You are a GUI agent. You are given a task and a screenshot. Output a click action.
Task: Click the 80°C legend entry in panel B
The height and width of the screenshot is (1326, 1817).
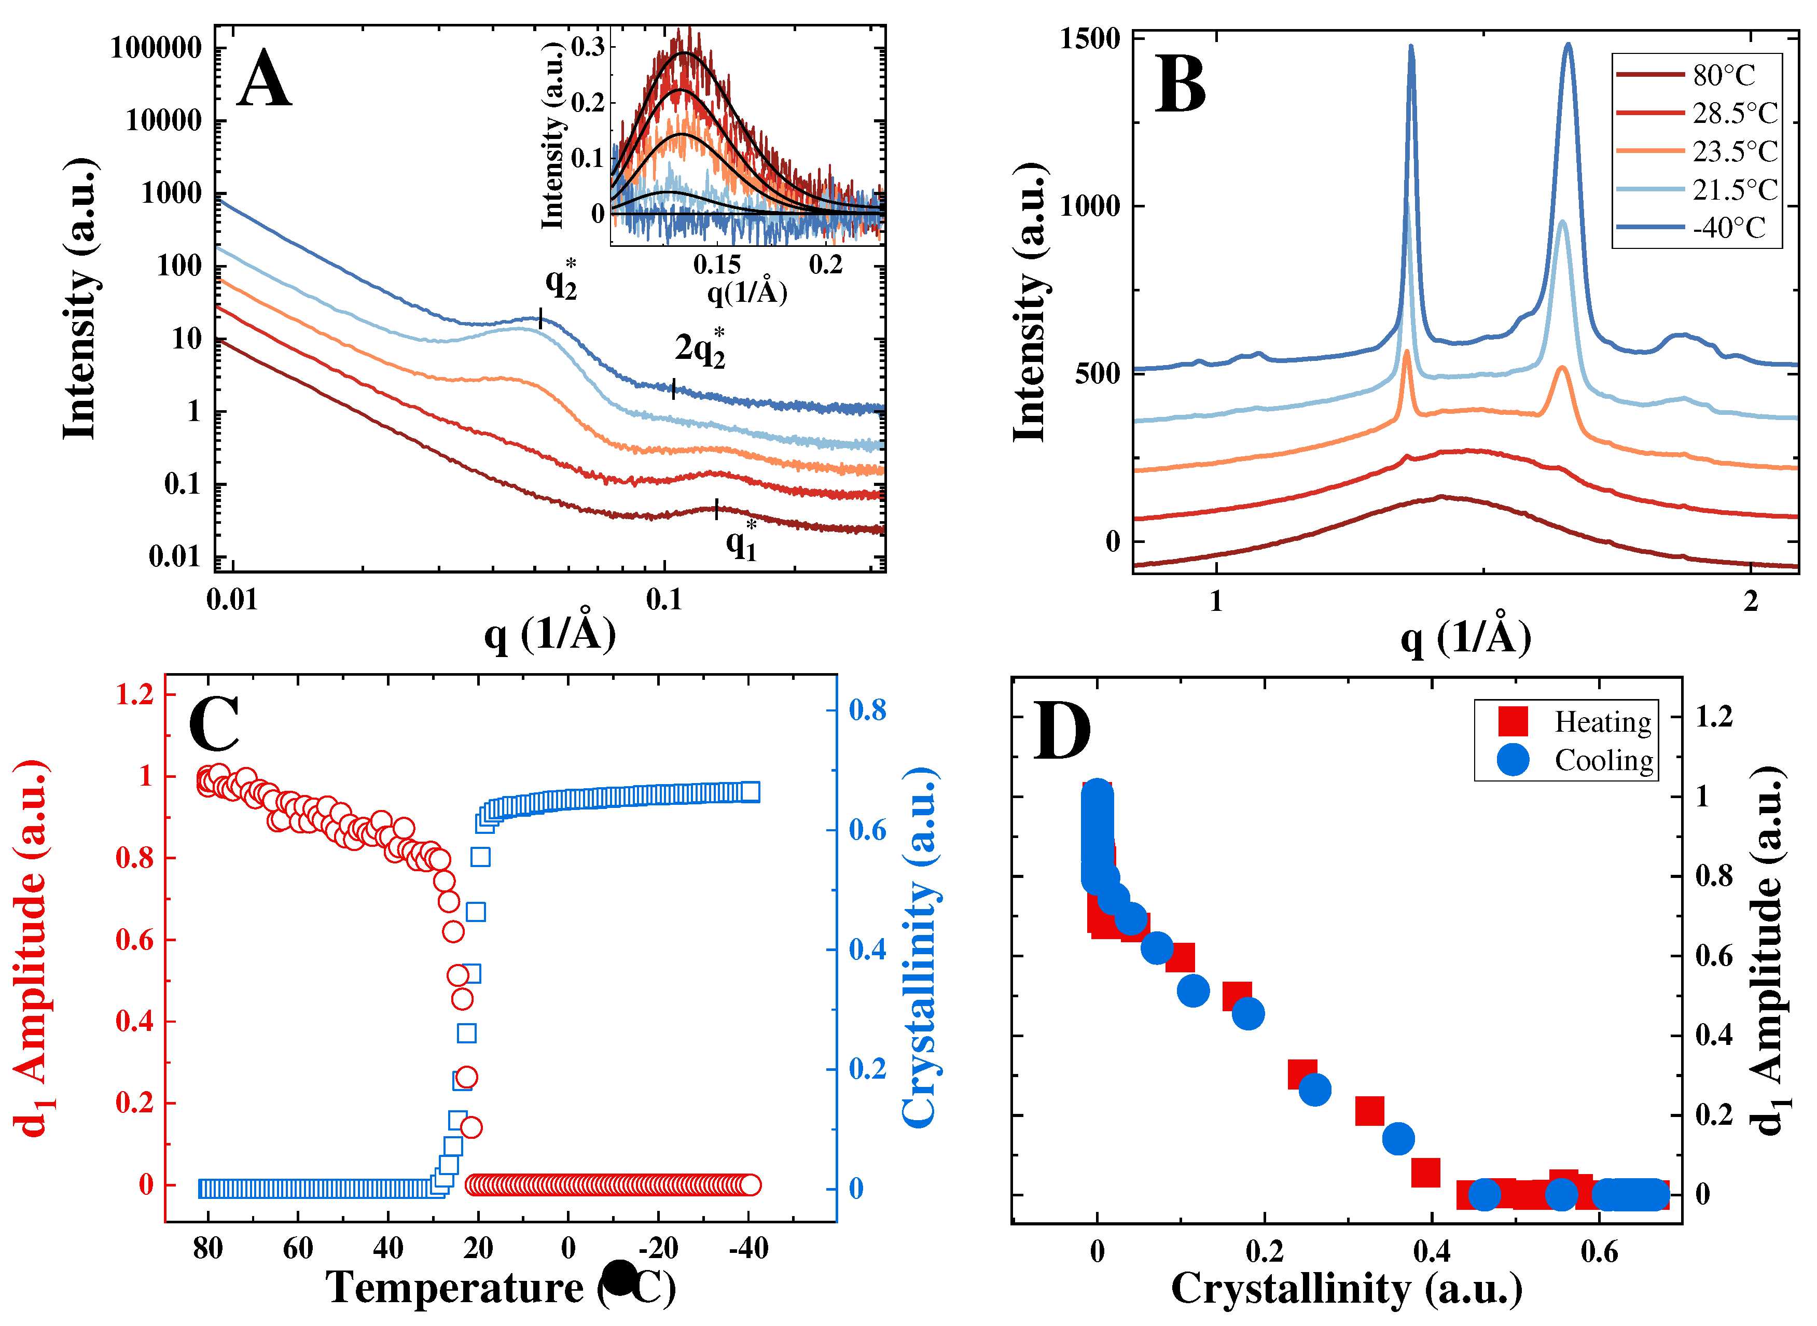(x=1723, y=75)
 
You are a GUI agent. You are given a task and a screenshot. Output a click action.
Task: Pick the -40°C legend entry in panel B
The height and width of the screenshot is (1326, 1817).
(x=1729, y=228)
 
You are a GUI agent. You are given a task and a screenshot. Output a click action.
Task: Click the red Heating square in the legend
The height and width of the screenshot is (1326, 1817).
(x=1513, y=721)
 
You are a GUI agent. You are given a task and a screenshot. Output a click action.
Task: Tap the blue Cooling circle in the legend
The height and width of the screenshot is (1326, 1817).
(x=1513, y=759)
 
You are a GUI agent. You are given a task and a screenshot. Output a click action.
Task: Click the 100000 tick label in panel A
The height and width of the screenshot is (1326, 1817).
(x=157, y=48)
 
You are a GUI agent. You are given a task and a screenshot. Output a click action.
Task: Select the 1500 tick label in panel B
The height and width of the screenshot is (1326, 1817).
(x=1090, y=38)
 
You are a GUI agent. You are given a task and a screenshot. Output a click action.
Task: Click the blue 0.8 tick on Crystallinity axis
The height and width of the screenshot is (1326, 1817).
(x=868, y=709)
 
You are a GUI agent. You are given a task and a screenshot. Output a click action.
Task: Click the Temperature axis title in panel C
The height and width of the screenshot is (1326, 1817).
(x=500, y=1288)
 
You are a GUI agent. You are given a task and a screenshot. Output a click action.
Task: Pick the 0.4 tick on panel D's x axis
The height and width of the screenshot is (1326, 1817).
(x=1432, y=1253)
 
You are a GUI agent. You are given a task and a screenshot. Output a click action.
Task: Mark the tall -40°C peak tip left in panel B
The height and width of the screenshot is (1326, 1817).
(x=1411, y=47)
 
